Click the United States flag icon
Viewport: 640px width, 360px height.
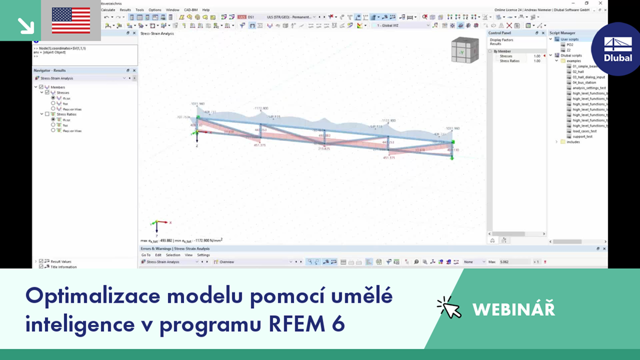coord(71,20)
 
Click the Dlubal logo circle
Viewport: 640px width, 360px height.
coord(617,49)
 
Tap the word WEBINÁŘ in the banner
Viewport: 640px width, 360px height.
coord(513,309)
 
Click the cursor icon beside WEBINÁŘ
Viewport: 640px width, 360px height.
coord(449,307)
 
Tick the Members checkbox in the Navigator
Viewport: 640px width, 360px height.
coord(42,87)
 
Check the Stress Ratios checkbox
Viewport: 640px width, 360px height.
coord(47,114)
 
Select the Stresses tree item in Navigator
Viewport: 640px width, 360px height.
coord(63,93)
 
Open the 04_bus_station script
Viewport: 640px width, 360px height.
coord(584,82)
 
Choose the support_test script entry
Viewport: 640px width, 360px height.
coord(582,137)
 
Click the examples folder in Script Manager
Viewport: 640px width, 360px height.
coord(573,61)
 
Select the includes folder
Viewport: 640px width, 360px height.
coord(573,142)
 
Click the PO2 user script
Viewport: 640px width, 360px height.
coord(570,45)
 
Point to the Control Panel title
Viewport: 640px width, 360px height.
coord(500,33)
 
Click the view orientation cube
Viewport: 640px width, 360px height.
coord(465,50)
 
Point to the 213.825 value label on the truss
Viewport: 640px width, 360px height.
coord(324,149)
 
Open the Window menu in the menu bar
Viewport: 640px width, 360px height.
coord(172,10)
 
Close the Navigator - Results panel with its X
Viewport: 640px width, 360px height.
coord(134,71)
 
